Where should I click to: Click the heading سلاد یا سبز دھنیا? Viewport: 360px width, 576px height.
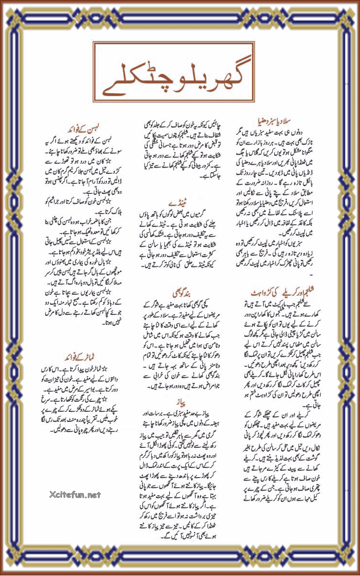point(259,118)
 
